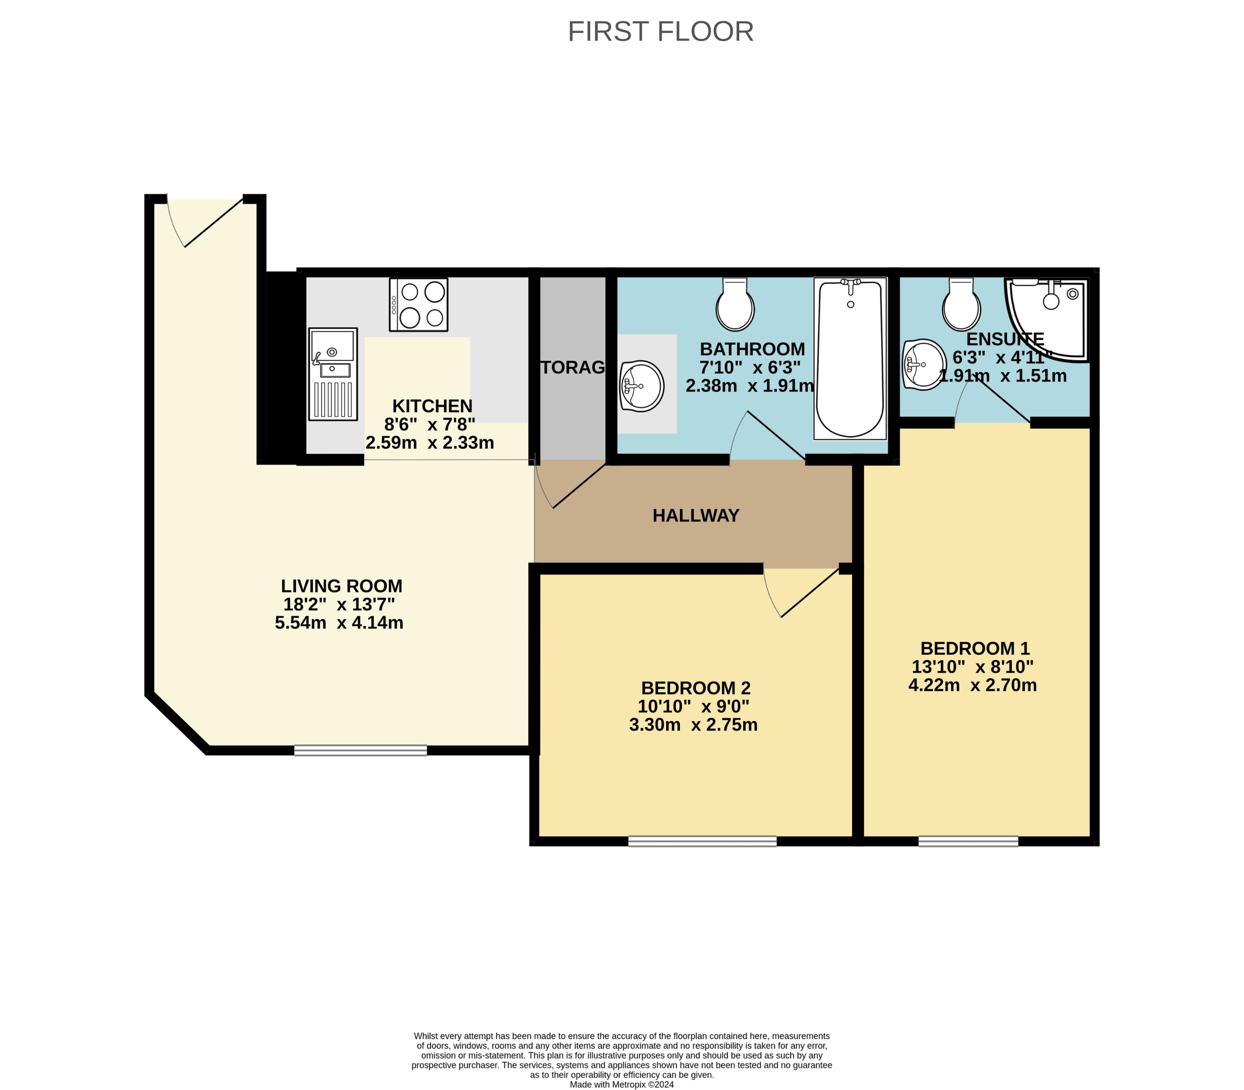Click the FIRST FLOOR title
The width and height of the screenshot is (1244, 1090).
pyautogui.click(x=660, y=32)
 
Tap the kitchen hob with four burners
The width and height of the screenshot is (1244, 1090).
pyautogui.click(x=419, y=305)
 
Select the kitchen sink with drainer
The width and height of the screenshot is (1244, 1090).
pyautogui.click(x=333, y=373)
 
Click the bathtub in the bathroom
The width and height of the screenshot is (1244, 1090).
pyautogui.click(x=850, y=359)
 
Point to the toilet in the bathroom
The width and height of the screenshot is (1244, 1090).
pyautogui.click(x=735, y=305)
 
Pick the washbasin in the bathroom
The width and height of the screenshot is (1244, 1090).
pyautogui.click(x=642, y=386)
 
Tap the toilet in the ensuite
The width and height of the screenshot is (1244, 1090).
pyautogui.click(x=961, y=305)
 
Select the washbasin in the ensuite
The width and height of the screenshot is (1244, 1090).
pyautogui.click(x=923, y=364)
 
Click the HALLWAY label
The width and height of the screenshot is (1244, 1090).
pyautogui.click(x=695, y=516)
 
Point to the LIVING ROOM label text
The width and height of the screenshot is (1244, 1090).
pyautogui.click(x=341, y=586)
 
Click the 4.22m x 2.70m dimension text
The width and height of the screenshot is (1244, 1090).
pyautogui.click(x=972, y=686)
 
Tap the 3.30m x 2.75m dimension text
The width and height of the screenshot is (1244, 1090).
pyautogui.click(x=693, y=725)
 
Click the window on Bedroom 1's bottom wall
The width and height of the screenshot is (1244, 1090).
pyautogui.click(x=968, y=841)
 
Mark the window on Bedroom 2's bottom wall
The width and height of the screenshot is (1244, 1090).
pyautogui.click(x=702, y=841)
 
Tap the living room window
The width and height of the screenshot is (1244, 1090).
pyautogui.click(x=360, y=750)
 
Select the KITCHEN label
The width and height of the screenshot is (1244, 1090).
pyautogui.click(x=432, y=406)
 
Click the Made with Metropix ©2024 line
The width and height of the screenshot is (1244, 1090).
pyautogui.click(x=621, y=1084)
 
